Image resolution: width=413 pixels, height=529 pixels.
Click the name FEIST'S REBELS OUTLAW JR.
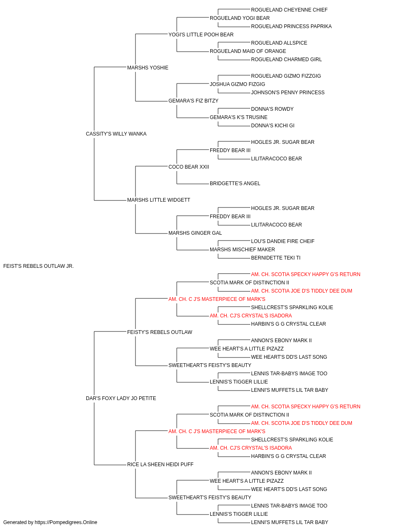(38, 266)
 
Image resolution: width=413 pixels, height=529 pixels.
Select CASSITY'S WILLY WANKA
(116, 134)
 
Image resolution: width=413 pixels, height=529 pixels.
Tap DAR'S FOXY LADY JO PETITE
(121, 398)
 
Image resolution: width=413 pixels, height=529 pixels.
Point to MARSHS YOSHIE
(147, 68)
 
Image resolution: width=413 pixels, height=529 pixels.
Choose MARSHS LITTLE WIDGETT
(159, 200)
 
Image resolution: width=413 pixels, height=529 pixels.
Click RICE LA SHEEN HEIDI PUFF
(160, 465)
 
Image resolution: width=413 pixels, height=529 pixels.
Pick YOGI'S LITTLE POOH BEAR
(201, 35)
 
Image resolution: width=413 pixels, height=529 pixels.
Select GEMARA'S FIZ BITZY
(193, 101)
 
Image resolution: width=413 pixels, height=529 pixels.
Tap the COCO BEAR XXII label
(189, 167)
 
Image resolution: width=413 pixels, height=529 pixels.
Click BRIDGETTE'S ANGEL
(235, 183)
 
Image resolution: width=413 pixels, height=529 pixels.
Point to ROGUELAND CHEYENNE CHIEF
(289, 10)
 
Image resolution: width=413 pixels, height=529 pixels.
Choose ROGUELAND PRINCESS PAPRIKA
(292, 26)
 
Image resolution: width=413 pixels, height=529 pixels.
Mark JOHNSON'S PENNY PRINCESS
(288, 93)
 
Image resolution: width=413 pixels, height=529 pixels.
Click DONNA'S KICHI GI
(273, 126)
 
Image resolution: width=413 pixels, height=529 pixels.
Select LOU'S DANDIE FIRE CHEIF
(282, 241)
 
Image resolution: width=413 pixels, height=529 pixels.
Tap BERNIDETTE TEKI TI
(275, 258)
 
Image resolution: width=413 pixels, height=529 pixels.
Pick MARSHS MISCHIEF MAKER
(242, 250)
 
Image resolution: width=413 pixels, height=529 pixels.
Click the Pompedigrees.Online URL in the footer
(66, 522)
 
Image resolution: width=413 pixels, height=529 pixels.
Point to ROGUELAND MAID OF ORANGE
(248, 51)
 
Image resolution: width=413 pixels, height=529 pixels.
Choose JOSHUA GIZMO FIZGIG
(237, 84)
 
